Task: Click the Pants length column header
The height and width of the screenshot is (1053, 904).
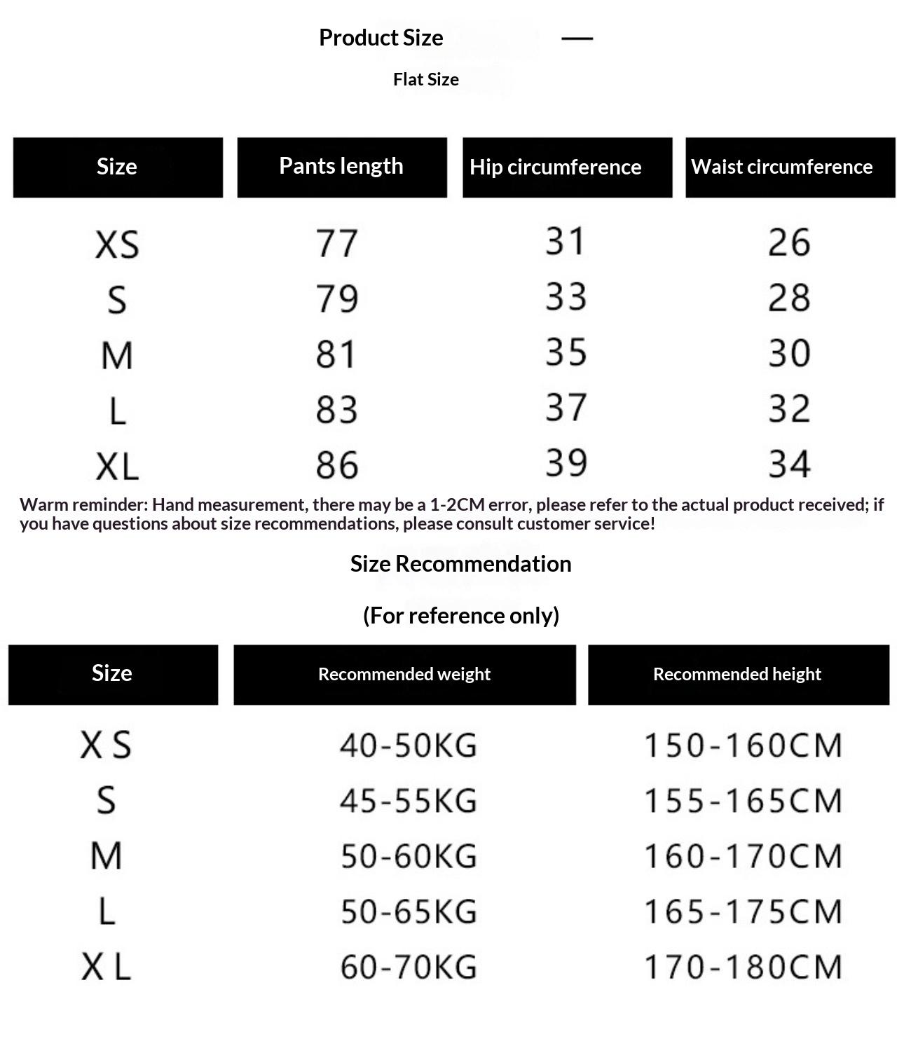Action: pos(341,167)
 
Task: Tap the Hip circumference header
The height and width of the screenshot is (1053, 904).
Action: pos(555,167)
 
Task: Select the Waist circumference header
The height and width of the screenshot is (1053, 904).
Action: pos(781,167)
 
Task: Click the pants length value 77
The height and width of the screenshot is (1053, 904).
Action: pos(337,243)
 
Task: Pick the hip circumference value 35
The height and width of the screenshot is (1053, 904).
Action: pos(566,352)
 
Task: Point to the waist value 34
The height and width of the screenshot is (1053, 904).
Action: pos(789,464)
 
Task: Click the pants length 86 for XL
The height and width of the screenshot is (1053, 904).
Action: pos(337,464)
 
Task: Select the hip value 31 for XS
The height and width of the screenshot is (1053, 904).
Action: pos(566,241)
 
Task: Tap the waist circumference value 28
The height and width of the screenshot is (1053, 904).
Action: pos(789,297)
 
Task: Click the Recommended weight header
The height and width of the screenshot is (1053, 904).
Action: pos(404,674)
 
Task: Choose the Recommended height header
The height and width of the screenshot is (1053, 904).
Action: pos(737,674)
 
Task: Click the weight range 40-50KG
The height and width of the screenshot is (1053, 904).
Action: pos(409,745)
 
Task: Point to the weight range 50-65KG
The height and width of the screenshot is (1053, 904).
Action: pos(409,911)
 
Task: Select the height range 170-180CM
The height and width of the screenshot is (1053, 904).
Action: pos(743,967)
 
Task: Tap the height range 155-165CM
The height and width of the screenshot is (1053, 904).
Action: pos(743,801)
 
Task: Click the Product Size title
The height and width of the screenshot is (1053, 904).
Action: pos(381,38)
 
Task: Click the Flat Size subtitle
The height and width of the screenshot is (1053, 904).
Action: pos(426,80)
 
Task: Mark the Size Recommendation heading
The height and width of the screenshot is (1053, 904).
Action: pos(460,564)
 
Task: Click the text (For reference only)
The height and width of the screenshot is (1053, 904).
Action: pos(460,616)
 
